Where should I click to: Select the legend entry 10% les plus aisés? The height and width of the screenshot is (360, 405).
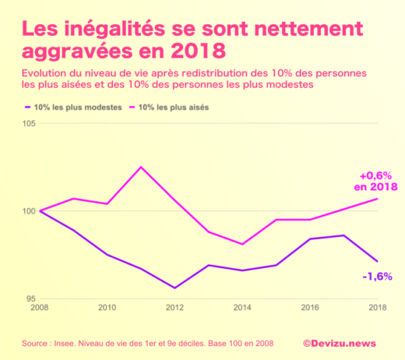tap(173, 106)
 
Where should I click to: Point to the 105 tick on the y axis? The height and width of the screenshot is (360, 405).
tap(30, 124)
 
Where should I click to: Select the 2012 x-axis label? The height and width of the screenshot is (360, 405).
tap(174, 308)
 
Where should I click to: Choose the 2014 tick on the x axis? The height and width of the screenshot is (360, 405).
tap(242, 308)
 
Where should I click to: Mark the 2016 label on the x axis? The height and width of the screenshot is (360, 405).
tap(310, 308)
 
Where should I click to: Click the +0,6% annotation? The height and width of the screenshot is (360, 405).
tap(375, 175)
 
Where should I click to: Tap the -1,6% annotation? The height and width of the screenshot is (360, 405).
tap(377, 276)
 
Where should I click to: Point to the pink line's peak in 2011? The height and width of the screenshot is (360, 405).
tap(141, 167)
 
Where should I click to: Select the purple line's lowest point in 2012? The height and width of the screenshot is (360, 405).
tap(174, 288)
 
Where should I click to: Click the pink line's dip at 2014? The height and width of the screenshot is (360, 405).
tap(242, 245)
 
